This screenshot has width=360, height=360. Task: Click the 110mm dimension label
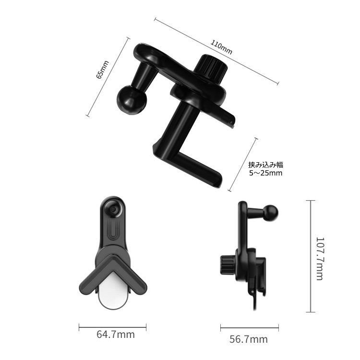pos(221,48)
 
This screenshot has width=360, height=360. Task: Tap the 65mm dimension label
pos(102,70)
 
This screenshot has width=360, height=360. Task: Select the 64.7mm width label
pos(116,334)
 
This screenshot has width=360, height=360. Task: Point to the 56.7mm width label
pos(249,339)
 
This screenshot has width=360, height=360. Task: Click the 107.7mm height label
pos(320,259)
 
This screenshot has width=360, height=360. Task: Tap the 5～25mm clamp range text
pos(266,173)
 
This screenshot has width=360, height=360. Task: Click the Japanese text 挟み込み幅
pos(266,165)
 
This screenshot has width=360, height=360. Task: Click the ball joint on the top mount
pos(132,99)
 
